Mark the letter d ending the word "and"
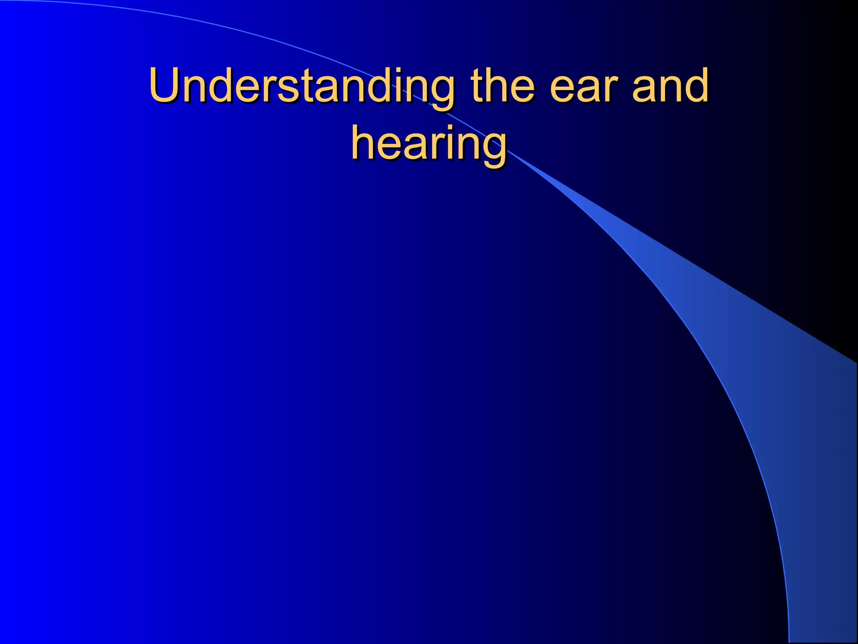[x=695, y=86]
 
